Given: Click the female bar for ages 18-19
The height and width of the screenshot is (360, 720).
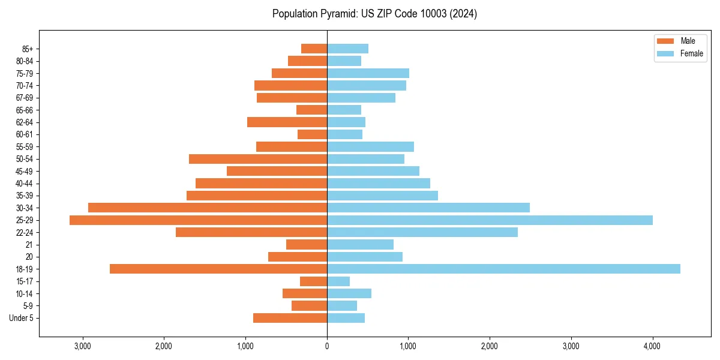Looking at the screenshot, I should tap(503, 269).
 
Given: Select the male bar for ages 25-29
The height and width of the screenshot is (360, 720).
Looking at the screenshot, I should tap(198, 220).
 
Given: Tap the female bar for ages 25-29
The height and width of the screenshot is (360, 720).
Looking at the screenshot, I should tap(490, 220).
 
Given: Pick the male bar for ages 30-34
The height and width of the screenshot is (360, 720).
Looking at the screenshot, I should tap(208, 208).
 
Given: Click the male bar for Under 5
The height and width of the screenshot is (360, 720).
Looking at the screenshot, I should tap(290, 318).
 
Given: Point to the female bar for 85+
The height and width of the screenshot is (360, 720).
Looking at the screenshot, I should tap(347, 49).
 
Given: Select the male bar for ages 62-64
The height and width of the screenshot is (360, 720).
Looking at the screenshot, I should tap(287, 122).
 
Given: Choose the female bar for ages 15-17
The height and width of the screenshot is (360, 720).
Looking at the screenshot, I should tap(338, 281).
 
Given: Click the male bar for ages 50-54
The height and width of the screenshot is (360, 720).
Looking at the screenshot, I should tap(258, 159).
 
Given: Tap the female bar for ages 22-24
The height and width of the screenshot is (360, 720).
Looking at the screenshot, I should tap(422, 232).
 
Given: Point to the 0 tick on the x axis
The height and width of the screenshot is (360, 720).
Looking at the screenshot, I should tap(327, 346).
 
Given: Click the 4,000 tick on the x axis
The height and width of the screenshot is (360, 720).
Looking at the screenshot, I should tap(652, 346).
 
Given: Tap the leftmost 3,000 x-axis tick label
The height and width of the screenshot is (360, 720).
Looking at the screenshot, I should tap(82, 346).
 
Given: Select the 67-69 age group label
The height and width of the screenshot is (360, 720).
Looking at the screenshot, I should tap(24, 98).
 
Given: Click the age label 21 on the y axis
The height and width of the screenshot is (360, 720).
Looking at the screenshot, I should tap(29, 245).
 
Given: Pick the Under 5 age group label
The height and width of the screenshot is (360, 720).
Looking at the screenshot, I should tap(21, 318).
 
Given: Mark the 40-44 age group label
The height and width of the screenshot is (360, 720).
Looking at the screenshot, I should tap(24, 184).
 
